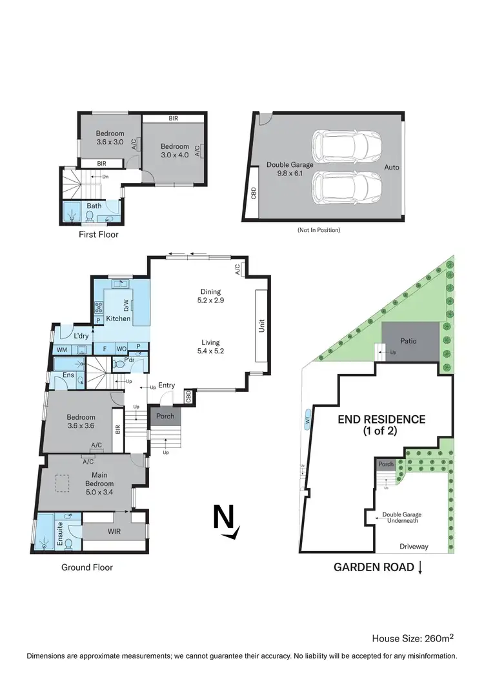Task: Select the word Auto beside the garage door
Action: coord(392,168)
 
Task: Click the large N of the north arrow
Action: coord(224,517)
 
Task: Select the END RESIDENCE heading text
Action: coord(382,424)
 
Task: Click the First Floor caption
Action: coord(99,235)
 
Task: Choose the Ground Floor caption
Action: coord(87,567)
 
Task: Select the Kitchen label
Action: coord(119,318)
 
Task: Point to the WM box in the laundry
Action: coord(62,350)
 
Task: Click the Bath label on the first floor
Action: coord(94,206)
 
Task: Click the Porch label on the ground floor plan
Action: coord(165,416)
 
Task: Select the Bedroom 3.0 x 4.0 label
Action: coord(175,151)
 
